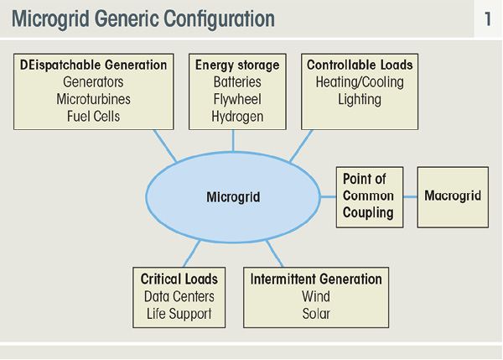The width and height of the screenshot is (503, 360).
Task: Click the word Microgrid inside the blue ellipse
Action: pyautogui.click(x=233, y=197)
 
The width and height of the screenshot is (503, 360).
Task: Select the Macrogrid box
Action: pyautogui.click(x=453, y=197)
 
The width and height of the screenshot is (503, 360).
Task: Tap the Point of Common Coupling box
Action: pyautogui.click(x=370, y=197)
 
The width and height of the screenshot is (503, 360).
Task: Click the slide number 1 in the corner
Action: pyautogui.click(x=488, y=19)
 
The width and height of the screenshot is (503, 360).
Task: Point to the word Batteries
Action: pyautogui.click(x=237, y=82)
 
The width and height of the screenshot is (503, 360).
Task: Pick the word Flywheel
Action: pyautogui.click(x=237, y=99)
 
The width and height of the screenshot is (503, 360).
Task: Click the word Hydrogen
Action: pyautogui.click(x=237, y=117)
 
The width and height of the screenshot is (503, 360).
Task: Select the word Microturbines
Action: pyautogui.click(x=93, y=99)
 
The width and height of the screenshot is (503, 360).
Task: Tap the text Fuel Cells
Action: pyautogui.click(x=93, y=117)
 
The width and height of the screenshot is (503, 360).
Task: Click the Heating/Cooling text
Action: pyautogui.click(x=360, y=82)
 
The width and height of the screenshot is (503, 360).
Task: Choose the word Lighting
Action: pyautogui.click(x=360, y=100)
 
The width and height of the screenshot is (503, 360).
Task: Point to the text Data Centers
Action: pyautogui.click(x=179, y=296)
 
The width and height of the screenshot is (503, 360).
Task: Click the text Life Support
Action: pyautogui.click(x=179, y=314)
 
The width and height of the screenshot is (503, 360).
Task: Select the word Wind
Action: pyautogui.click(x=316, y=296)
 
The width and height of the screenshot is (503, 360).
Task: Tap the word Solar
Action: pyautogui.click(x=316, y=314)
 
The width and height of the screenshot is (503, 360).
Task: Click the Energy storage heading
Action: pyautogui.click(x=237, y=65)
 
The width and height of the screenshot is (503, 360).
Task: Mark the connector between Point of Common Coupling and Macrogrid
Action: pyautogui.click(x=410, y=197)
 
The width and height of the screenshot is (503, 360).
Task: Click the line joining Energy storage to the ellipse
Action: pyautogui.click(x=233, y=141)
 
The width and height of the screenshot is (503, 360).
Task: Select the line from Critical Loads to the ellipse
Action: pyautogui.click(x=192, y=253)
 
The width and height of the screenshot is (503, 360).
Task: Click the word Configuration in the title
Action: pyautogui.click(x=219, y=19)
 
